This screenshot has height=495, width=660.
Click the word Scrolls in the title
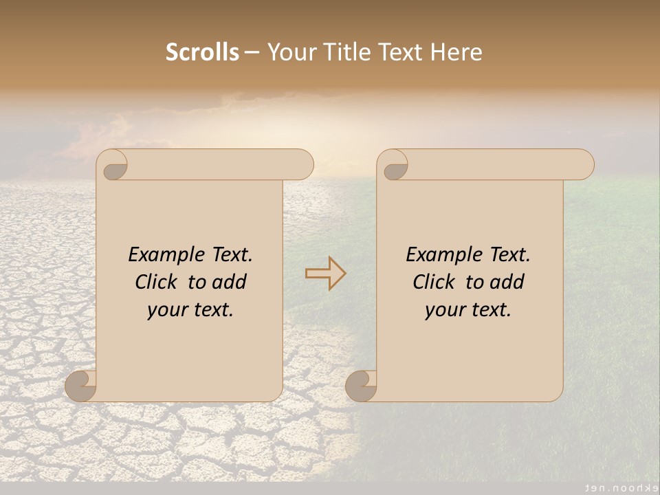click(x=202, y=52)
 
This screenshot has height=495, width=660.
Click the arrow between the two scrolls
click(x=326, y=274)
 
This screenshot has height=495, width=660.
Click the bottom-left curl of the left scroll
click(x=81, y=386)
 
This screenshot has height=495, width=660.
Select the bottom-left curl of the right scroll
click(x=361, y=386)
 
